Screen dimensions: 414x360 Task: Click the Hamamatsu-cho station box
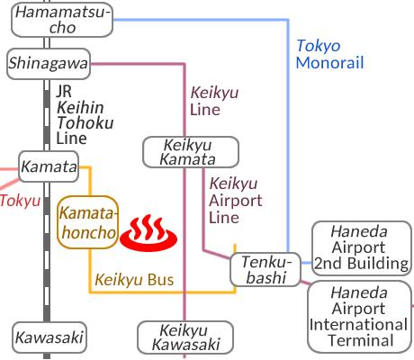(x=62, y=20)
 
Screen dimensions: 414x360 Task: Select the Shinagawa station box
(x=49, y=64)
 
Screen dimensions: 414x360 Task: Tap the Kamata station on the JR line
(x=49, y=166)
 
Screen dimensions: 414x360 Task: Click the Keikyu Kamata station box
(x=191, y=152)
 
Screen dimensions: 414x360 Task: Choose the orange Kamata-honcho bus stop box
(x=87, y=222)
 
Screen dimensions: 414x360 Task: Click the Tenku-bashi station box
(x=265, y=269)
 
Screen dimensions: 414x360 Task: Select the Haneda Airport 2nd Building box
(x=362, y=248)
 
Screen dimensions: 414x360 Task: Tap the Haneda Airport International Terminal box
(x=359, y=317)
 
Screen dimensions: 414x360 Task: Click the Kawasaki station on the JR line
(x=49, y=337)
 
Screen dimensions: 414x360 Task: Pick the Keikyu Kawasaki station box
(x=185, y=337)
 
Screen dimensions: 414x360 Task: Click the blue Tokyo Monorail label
(x=329, y=54)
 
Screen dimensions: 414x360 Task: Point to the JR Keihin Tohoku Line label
(x=85, y=115)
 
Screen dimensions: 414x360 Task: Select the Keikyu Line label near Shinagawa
(x=214, y=101)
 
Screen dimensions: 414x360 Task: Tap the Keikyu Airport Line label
(x=236, y=201)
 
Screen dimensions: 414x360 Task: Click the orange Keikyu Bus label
(x=134, y=280)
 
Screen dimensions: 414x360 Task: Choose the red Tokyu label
(x=20, y=201)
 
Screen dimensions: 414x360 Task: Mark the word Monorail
(x=329, y=63)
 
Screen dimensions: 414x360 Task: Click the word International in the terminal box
(x=358, y=325)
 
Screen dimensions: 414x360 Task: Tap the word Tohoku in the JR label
(x=85, y=122)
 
